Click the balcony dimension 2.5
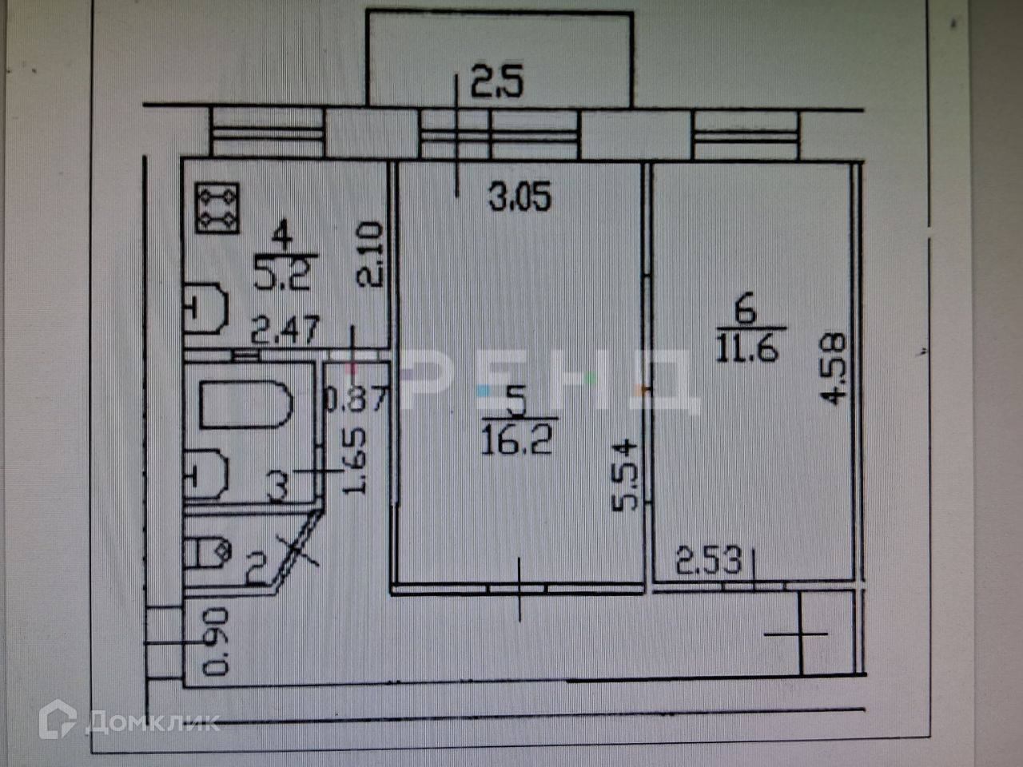pos(496,83)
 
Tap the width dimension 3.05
pos(520,196)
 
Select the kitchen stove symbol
pos(217,208)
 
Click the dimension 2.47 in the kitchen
pos(285,329)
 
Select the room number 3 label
pos(277,485)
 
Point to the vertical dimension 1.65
pos(356,460)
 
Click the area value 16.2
pos(516,440)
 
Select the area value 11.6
pos(746,348)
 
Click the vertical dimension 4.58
pos(834,369)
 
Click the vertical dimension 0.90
pos(216,642)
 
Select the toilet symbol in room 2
pos(208,550)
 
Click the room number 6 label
pos(745,310)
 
